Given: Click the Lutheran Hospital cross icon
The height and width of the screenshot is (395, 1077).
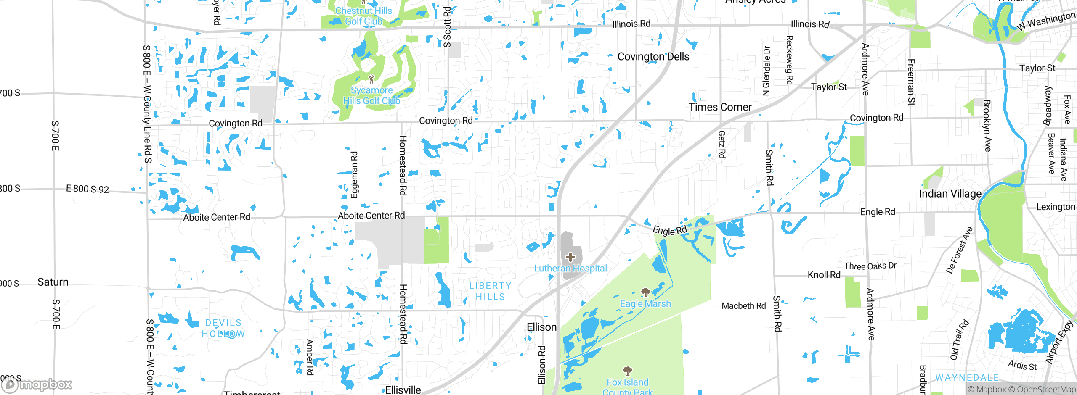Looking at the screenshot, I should point(570,257).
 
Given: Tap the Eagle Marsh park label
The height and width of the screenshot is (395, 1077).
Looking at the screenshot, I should point(645,303).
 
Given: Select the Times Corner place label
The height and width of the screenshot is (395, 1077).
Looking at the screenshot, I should point(720,107).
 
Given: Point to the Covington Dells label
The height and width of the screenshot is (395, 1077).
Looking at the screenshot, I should point(653,57).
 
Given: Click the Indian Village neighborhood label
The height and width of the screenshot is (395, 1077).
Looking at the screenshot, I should point(950,194).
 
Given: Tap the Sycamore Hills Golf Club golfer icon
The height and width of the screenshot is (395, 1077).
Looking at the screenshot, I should point(371,79).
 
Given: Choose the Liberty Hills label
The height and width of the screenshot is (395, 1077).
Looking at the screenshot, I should point(490,291).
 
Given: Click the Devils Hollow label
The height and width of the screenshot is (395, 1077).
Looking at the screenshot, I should point(223,328).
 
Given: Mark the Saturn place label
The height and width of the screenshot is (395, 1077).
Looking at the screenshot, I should point(53,282).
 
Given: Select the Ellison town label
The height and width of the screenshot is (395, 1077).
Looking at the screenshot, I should point(541,327).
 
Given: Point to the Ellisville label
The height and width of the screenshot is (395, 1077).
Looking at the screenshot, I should point(403,390).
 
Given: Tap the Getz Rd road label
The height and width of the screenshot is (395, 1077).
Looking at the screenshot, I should point(722,144).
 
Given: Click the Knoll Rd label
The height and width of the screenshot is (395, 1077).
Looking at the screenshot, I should point(824,275).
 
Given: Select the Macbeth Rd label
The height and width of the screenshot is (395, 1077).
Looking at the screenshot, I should point(743,306).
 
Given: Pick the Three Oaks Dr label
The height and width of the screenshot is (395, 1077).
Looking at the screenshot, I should point(870,266).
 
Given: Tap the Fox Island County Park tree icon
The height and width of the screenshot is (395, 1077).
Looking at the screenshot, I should point(628,371).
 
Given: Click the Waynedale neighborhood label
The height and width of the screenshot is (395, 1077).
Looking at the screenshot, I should point(967,377).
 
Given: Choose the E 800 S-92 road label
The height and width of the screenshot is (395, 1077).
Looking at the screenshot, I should point(88,189).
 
